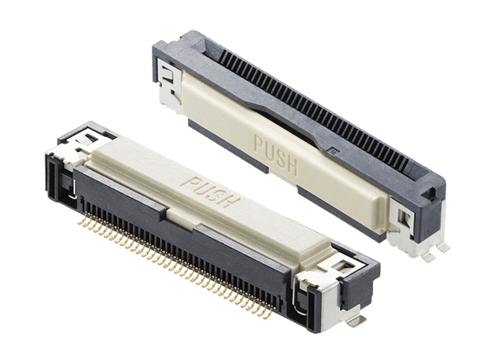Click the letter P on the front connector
pyautogui.click(x=191, y=183)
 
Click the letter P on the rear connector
pyautogui.click(x=260, y=145)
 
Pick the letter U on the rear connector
pyautogui.click(x=269, y=151)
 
